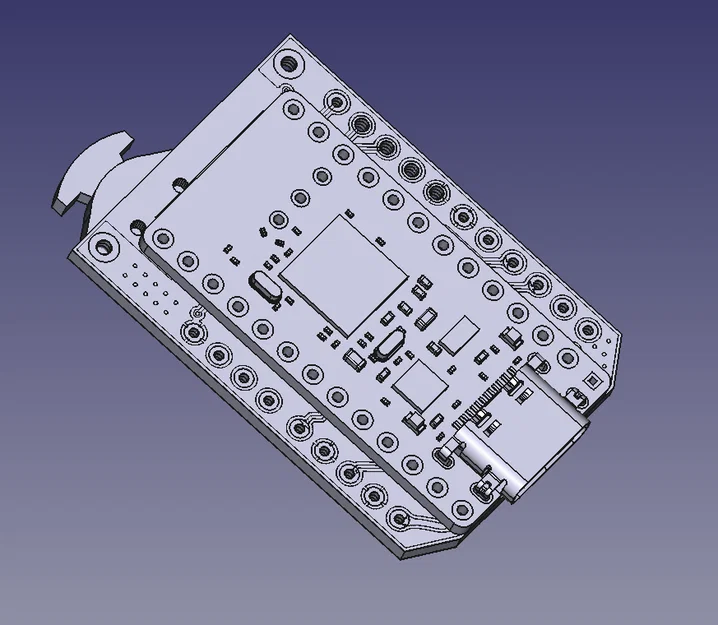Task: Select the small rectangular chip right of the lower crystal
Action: point(461,334)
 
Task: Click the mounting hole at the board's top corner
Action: point(286,61)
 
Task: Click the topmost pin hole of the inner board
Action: point(293,107)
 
